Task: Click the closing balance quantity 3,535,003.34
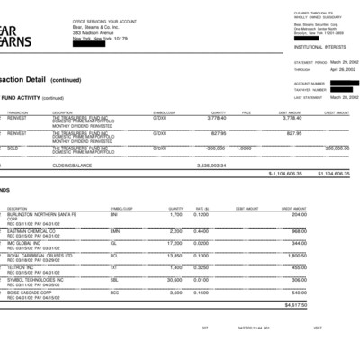(212, 166)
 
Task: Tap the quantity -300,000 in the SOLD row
(214, 148)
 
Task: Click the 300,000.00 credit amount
(336, 148)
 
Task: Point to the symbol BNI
(114, 215)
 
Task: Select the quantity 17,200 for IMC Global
(175, 243)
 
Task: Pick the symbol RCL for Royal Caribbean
(114, 256)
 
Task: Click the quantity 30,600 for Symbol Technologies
(175, 281)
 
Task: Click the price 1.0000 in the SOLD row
(244, 148)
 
